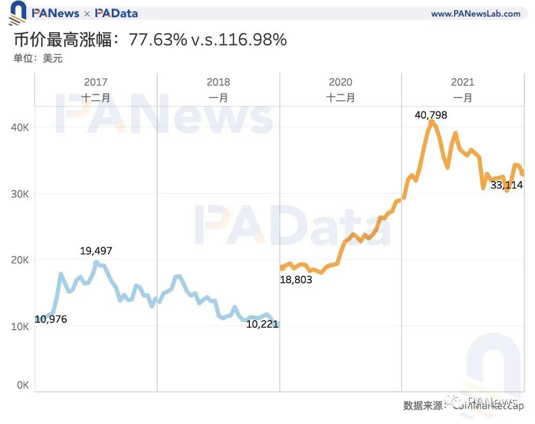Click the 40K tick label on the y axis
tap(21, 127)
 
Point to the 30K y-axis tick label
tap(21, 193)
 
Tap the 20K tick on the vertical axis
tap(21, 260)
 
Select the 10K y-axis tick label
tap(21, 326)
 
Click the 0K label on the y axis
tap(23, 385)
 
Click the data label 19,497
tap(96, 251)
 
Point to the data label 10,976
tap(51, 319)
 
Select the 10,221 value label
tap(262, 324)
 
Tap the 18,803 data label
tap(296, 279)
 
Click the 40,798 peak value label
tap(431, 115)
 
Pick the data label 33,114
tap(507, 185)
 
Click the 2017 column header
tap(96, 82)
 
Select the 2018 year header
tap(218, 82)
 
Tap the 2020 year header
tap(340, 82)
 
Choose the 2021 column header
tap(463, 82)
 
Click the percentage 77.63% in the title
tap(158, 40)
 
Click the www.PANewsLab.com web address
tap(476, 14)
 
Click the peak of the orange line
tap(431, 123)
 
